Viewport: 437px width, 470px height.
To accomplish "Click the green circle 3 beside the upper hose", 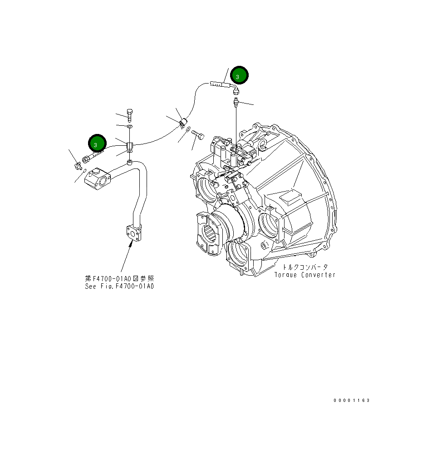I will coord(239,75).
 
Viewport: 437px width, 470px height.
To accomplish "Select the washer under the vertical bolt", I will coord(130,126).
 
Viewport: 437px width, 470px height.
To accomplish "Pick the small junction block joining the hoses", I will coord(129,146).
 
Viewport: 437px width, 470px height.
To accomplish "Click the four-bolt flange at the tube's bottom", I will coord(133,232).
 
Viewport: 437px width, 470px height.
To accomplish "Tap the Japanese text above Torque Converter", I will coord(305,267).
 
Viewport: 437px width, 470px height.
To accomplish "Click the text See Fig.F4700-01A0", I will coord(119,287).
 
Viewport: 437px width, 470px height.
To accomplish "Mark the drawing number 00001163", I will coord(352,400).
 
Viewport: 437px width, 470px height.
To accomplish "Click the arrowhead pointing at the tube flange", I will coord(131,244).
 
